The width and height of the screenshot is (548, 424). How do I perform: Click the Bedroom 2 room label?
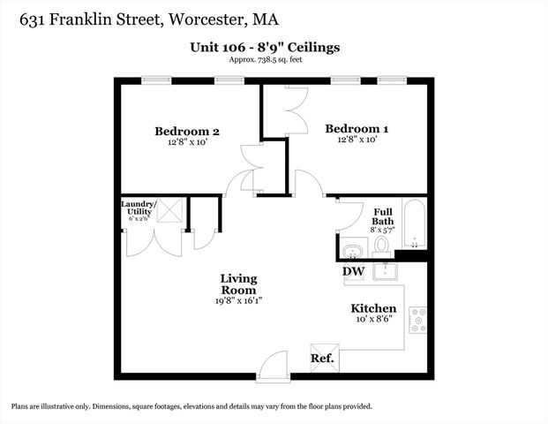(186, 132)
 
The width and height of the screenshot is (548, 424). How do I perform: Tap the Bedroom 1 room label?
(357, 128)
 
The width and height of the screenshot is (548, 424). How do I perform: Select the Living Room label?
(238, 284)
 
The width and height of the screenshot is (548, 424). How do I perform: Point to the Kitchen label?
(373, 309)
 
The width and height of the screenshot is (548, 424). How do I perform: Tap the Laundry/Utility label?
(139, 208)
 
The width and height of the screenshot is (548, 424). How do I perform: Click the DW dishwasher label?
(353, 271)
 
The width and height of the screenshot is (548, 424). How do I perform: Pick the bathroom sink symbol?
(354, 248)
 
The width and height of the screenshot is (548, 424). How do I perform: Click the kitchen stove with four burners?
(417, 321)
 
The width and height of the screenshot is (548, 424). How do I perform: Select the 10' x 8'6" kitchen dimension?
(373, 322)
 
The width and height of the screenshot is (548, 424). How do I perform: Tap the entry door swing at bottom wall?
(274, 361)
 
